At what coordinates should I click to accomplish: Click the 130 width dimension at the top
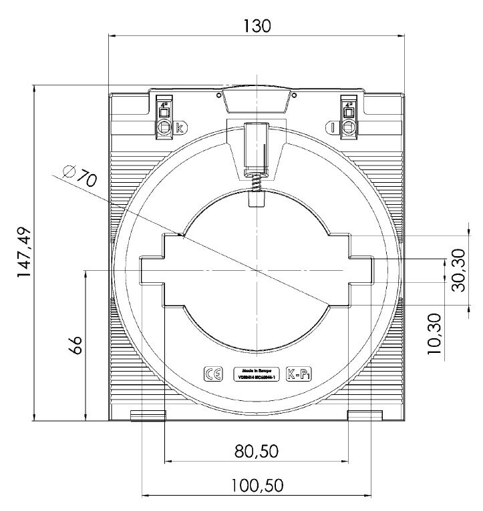[x=257, y=26]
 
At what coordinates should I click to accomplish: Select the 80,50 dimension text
[x=257, y=452]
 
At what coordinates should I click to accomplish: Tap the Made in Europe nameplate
[x=257, y=374]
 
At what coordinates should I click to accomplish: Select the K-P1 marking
[x=299, y=374]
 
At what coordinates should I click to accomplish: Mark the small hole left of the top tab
[x=219, y=95]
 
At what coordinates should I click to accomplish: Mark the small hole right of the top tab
[x=294, y=95]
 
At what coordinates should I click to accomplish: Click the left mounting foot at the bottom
[x=147, y=416]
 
